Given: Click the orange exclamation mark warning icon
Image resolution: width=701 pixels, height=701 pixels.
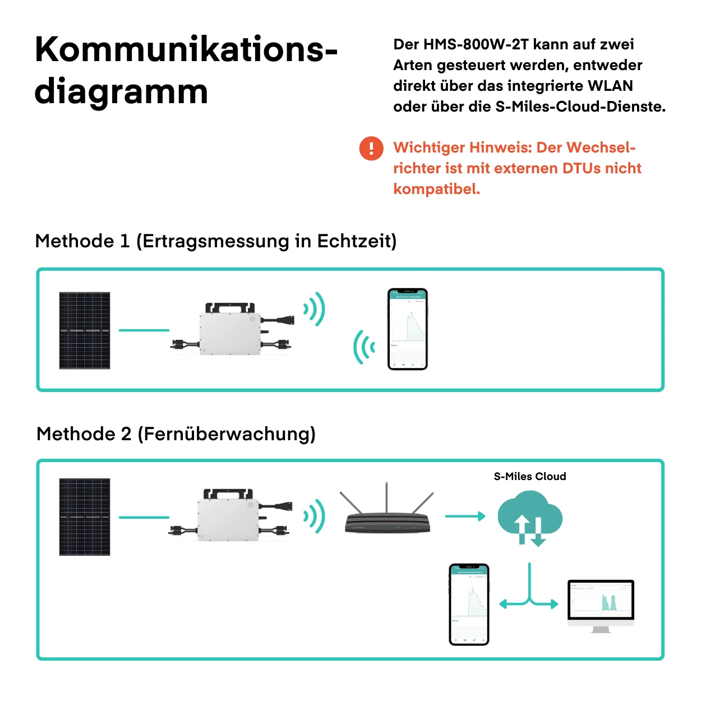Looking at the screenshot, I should pyautogui.click(x=371, y=149).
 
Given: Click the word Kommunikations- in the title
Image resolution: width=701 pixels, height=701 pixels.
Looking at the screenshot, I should pyautogui.click(x=186, y=50).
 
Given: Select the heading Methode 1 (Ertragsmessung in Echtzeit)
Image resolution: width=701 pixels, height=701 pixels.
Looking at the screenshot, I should pyautogui.click(x=216, y=241).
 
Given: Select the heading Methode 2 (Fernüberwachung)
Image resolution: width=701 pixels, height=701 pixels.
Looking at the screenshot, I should pyautogui.click(x=176, y=434).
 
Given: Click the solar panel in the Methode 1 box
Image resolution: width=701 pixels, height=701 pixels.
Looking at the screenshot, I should pyautogui.click(x=85, y=330).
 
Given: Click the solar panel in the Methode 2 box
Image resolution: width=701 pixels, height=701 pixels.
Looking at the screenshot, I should pyautogui.click(x=85, y=516).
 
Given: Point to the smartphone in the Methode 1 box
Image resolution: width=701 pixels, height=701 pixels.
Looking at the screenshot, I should pyautogui.click(x=408, y=329).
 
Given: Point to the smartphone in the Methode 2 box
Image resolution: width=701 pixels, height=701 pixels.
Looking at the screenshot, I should pyautogui.click(x=469, y=604).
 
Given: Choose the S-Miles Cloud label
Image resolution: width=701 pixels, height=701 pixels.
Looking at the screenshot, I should pyautogui.click(x=530, y=477).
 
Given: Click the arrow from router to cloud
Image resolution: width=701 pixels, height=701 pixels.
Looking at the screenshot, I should pyautogui.click(x=465, y=516).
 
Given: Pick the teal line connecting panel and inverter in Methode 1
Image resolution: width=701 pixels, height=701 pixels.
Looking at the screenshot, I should pyautogui.click(x=144, y=330).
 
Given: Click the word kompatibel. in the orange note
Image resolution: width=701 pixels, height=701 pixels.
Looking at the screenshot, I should pyautogui.click(x=437, y=189).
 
